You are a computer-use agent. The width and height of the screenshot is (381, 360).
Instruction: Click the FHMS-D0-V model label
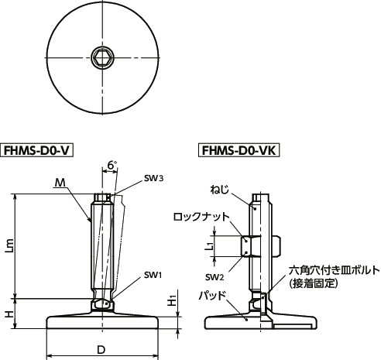(x=39, y=149)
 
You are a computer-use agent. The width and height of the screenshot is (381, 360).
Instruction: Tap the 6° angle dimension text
(x=112, y=166)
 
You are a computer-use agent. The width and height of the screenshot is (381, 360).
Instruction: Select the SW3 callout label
(x=153, y=178)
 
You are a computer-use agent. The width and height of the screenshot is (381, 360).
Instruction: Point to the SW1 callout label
(x=153, y=275)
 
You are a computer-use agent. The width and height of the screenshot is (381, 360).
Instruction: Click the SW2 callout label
(x=215, y=276)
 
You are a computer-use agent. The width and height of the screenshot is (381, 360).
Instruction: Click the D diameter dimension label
(x=101, y=350)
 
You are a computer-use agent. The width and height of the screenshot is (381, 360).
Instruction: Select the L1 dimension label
(x=209, y=246)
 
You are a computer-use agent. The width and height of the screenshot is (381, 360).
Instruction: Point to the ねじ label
(x=219, y=188)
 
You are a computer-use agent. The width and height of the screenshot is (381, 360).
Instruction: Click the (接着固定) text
(x=316, y=284)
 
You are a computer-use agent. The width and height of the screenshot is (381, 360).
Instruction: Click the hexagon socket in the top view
(x=101, y=57)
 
